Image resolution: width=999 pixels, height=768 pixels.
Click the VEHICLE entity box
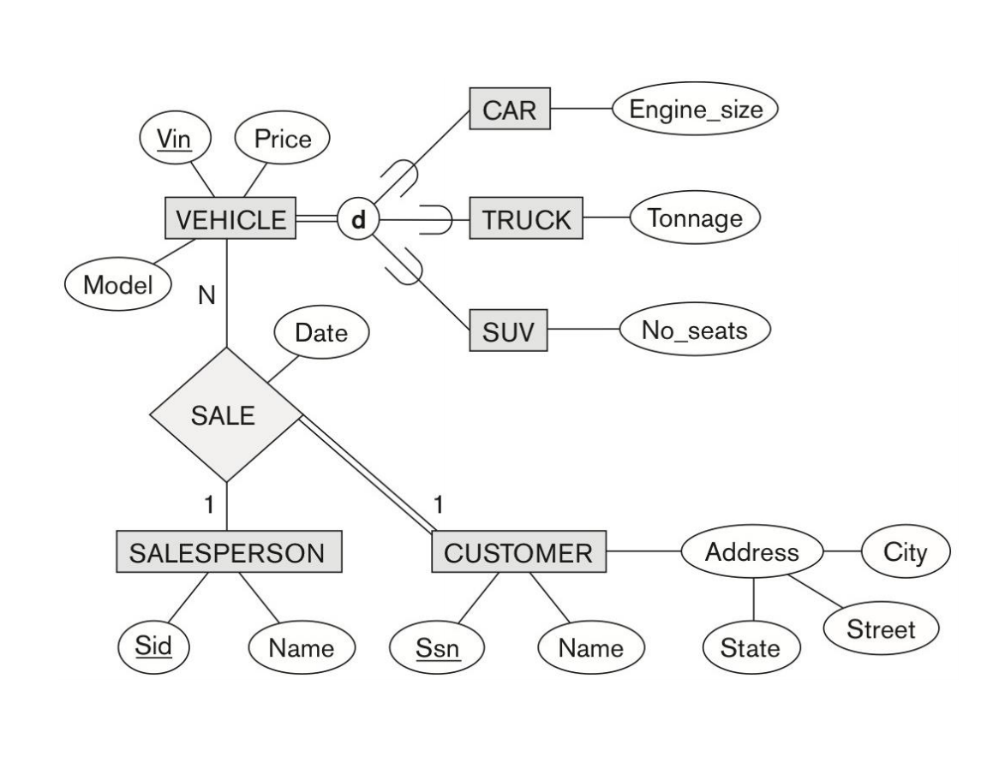coord(230,219)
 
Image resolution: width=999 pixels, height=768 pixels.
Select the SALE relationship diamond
coord(225,415)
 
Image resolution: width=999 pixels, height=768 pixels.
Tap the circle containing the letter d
coord(358,220)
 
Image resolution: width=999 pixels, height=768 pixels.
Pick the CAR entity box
coord(510,110)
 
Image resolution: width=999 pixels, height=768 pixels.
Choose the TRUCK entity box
coord(526,220)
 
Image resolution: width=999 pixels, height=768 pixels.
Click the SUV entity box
coord(509,330)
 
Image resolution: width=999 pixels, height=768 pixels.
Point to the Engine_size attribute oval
coord(694,110)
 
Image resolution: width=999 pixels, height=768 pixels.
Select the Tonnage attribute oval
coord(695,218)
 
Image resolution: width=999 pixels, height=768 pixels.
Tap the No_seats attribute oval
coord(695,330)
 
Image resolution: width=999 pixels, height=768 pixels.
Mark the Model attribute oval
coord(116,285)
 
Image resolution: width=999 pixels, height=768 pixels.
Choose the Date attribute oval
coord(321,333)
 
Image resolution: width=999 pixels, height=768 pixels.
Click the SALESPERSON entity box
coord(227,552)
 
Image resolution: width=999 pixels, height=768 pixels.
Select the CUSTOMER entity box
coord(517,552)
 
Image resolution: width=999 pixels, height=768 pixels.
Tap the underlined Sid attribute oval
coord(154,646)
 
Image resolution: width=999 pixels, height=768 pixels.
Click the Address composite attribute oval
coord(751,552)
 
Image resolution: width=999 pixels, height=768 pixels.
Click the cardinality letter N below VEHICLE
coord(206,295)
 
